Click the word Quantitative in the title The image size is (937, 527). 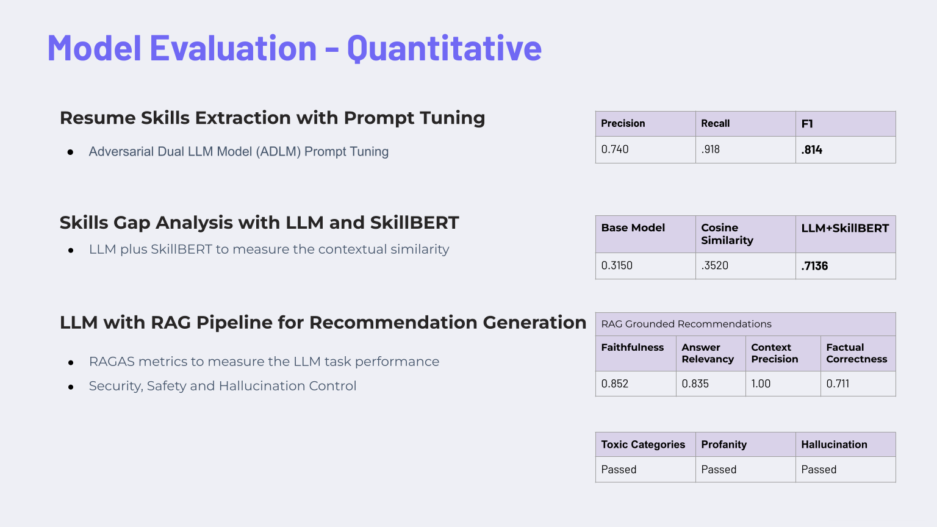[444, 49]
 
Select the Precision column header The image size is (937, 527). [623, 123]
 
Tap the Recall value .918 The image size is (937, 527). [710, 149]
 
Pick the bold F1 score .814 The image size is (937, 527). [811, 149]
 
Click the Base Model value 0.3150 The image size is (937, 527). [617, 265]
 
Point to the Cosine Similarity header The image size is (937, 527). [727, 234]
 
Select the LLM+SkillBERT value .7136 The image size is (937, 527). [814, 266]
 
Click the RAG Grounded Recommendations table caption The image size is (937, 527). [686, 324]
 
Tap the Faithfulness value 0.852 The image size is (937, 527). [614, 384]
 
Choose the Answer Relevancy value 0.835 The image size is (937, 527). [695, 384]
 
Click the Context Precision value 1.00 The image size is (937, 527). [761, 384]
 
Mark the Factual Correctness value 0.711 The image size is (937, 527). [838, 384]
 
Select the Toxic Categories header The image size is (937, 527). [643, 444]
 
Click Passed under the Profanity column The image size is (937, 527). [719, 469]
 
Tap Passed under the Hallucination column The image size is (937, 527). [819, 469]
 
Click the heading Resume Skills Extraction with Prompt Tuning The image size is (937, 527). [272, 118]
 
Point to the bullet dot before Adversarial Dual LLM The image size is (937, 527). [70, 152]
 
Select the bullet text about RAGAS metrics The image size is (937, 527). [264, 361]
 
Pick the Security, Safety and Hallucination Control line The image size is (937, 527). [223, 385]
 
